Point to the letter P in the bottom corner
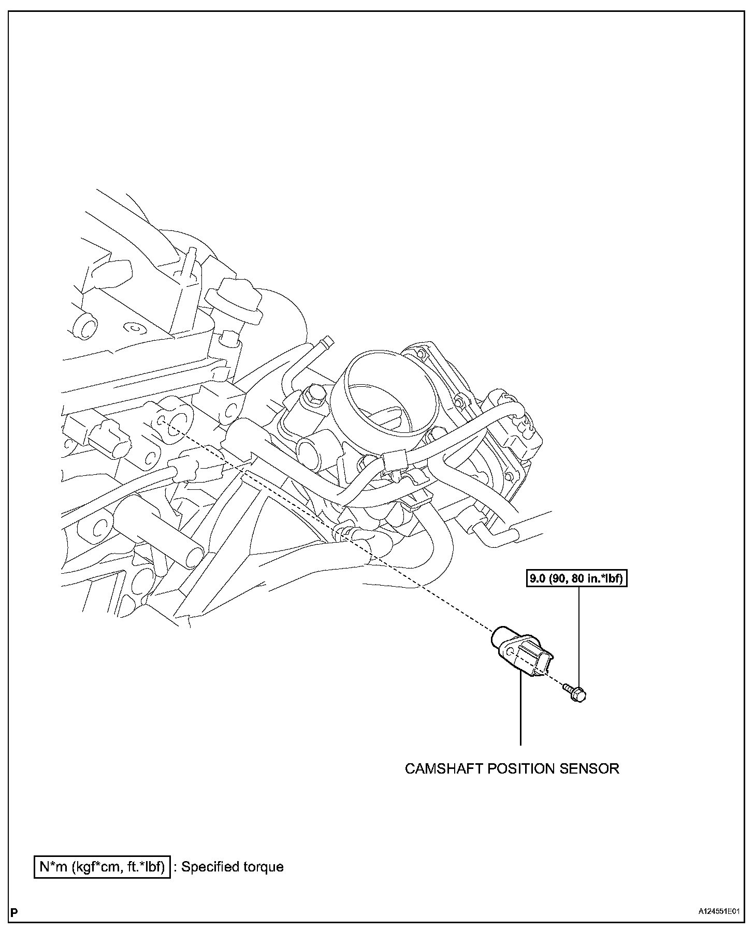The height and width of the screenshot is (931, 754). coord(14,912)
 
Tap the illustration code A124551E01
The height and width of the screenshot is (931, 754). coord(718,912)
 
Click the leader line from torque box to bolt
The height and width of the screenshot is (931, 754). coord(578,637)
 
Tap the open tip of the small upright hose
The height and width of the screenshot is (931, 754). coord(327,341)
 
